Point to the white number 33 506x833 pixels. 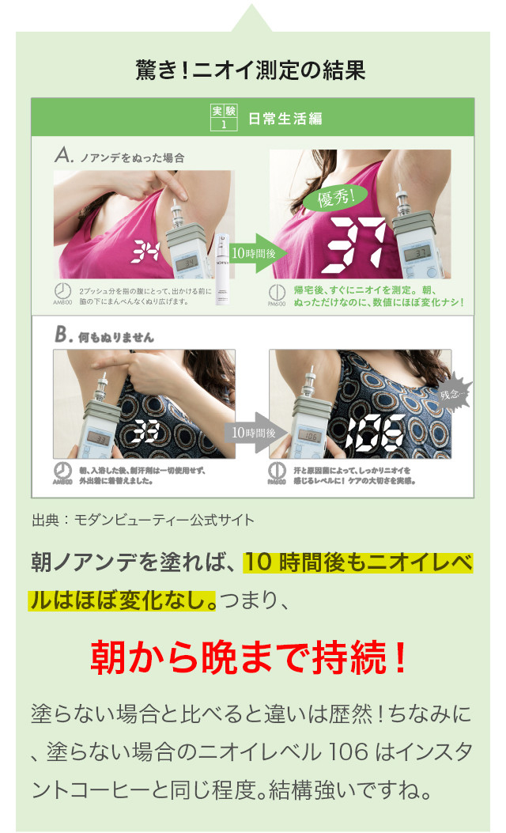(x=145, y=430)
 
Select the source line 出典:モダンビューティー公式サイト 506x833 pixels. (x=143, y=520)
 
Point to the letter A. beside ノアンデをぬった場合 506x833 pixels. (x=64, y=157)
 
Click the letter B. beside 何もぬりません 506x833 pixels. (x=63, y=336)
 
